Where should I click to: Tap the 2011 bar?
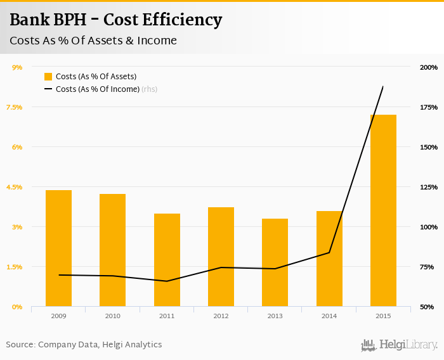point(167,260)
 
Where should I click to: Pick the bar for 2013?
point(275,262)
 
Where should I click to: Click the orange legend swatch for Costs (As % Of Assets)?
point(48,77)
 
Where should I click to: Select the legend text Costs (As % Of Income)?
point(98,89)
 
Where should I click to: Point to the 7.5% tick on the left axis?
point(14,107)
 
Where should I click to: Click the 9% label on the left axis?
point(17,67)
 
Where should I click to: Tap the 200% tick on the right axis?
point(429,67)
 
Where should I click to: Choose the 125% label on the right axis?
point(429,187)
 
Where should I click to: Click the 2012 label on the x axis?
point(221,316)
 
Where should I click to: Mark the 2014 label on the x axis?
point(329,316)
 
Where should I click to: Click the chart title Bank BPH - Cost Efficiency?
point(115,20)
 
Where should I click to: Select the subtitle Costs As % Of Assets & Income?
point(93,41)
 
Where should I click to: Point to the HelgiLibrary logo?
point(400,345)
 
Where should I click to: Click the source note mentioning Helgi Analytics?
point(84,345)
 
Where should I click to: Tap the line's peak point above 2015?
point(383,87)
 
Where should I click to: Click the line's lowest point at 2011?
point(167,281)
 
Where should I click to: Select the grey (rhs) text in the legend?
point(149,89)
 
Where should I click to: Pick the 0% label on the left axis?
point(17,307)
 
